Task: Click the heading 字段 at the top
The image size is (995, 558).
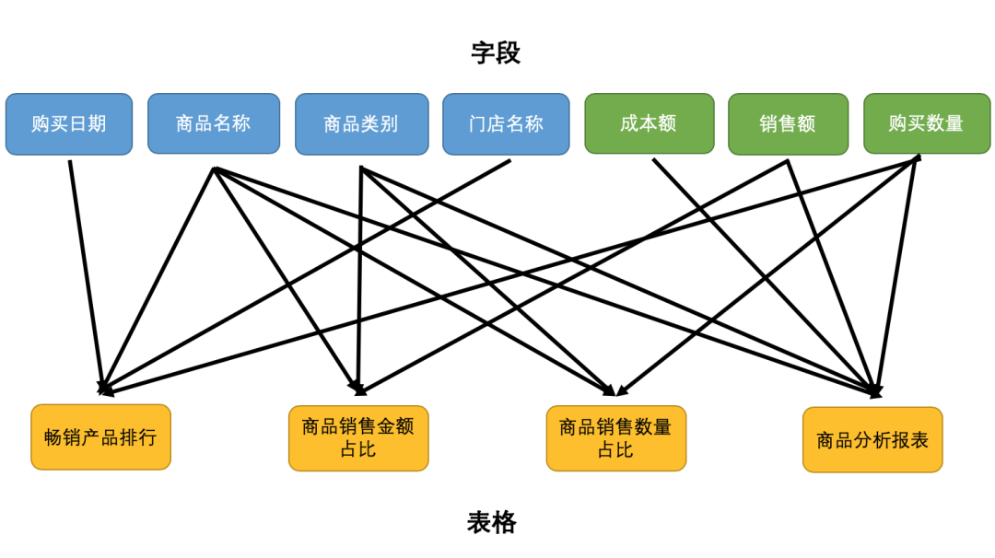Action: pos(496,52)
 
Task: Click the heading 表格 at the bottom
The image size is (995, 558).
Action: pos(492,522)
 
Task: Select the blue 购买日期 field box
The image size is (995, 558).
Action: pos(69,123)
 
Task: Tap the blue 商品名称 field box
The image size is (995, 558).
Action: pos(214,123)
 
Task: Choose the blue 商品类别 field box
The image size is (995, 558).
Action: pos(361,123)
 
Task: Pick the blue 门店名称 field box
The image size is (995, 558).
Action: pos(506,123)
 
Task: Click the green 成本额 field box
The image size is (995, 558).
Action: pos(649,123)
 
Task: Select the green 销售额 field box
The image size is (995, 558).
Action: pos(788,123)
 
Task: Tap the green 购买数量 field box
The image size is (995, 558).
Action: pos(926,123)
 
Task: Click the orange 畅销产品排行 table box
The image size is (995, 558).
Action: pos(100,437)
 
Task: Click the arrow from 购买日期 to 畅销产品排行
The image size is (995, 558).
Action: pos(85,276)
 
